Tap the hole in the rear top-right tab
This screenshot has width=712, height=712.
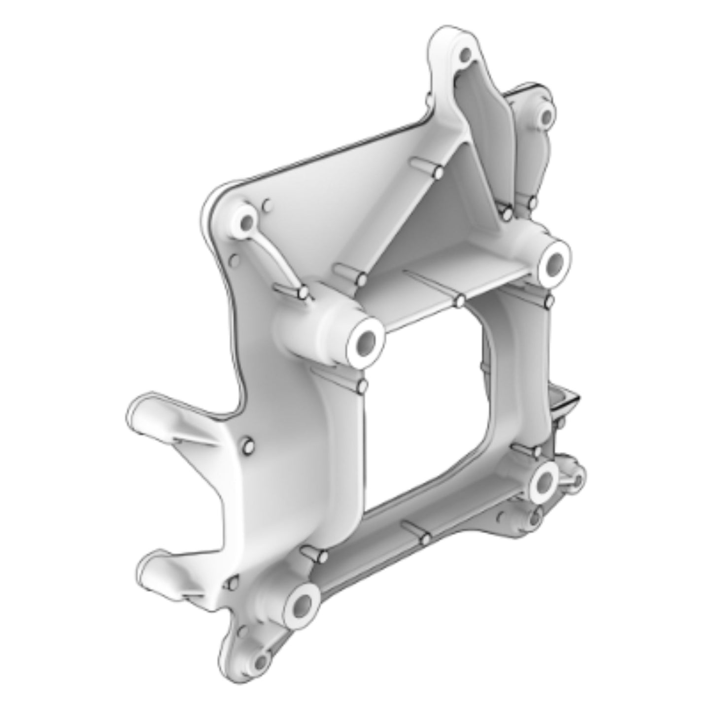pyautogui.click(x=546, y=117)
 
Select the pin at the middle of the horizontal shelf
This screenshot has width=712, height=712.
pyautogui.click(x=460, y=300)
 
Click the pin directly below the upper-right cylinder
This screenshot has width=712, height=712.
pyautogui.click(x=549, y=301)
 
